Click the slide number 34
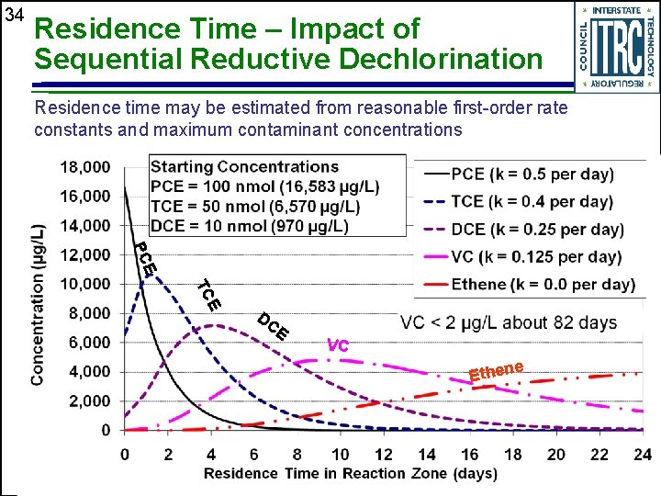pos(13,16)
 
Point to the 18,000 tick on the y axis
pos(84,167)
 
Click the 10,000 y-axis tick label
pos(84,284)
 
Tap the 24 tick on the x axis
pos(644,454)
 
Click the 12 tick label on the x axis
pos(384,454)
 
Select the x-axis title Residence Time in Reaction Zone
pos(350,473)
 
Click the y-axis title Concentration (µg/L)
pos(38,303)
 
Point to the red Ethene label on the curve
pos(496,371)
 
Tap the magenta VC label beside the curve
pos(338,346)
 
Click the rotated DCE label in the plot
pos(274,326)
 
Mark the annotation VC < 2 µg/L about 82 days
pos(508,322)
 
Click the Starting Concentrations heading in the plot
pos(244,166)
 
